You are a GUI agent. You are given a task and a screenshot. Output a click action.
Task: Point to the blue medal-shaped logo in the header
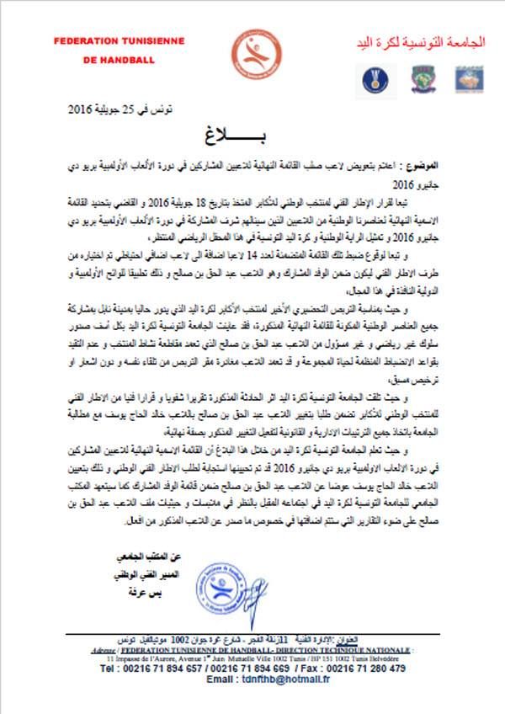coord(374,77)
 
